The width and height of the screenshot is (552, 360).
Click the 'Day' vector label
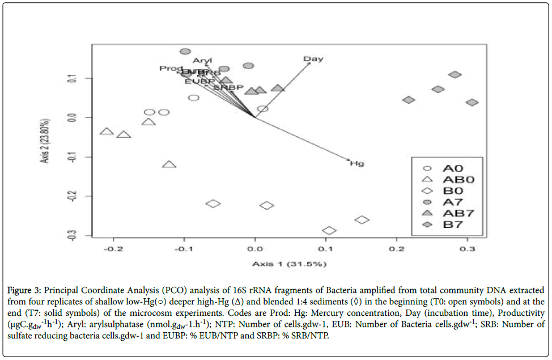[x=313, y=59]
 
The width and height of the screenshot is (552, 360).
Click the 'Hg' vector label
[x=356, y=163]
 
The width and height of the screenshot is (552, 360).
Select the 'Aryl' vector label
[x=202, y=61]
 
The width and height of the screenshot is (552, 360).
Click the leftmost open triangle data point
[x=107, y=131]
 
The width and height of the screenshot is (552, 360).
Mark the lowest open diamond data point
[x=329, y=230]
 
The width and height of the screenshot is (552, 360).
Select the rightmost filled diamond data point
[x=472, y=102]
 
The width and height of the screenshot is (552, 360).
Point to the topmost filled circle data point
[x=185, y=52]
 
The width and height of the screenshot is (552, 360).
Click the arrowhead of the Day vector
[x=311, y=63]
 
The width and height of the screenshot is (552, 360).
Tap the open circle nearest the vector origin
[x=262, y=109]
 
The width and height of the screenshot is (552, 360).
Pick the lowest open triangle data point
[x=169, y=164]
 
